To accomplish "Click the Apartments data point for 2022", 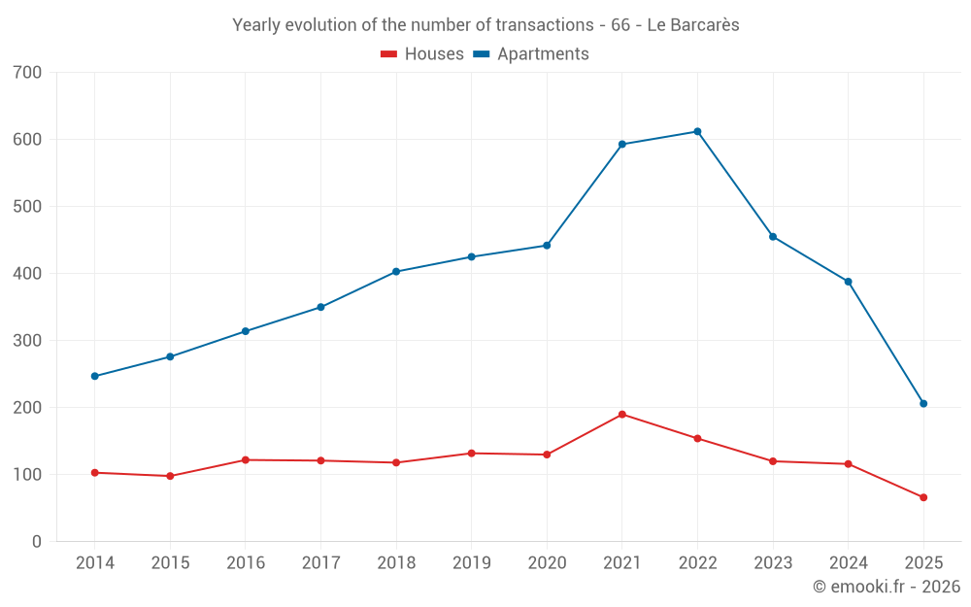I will click(x=697, y=132).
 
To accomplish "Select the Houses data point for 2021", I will click(x=622, y=415).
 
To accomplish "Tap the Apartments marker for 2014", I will click(x=95, y=376).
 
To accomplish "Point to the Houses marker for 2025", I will click(x=923, y=497).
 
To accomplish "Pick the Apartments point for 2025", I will click(x=923, y=404).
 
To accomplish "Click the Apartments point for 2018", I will click(x=396, y=272).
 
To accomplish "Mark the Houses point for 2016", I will click(x=246, y=460).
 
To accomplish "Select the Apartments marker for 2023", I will click(x=773, y=237).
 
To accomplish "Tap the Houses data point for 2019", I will click(x=472, y=454).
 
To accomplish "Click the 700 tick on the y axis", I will click(x=28, y=73).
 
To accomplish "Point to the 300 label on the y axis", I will click(x=28, y=341).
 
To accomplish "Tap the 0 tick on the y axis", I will click(x=37, y=542).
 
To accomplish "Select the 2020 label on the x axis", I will click(x=547, y=563).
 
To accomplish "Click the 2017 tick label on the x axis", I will click(x=320, y=563).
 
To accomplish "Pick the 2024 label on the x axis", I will click(x=848, y=563).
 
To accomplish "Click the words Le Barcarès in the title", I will click(x=692, y=25).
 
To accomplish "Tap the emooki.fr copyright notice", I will click(x=886, y=587).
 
